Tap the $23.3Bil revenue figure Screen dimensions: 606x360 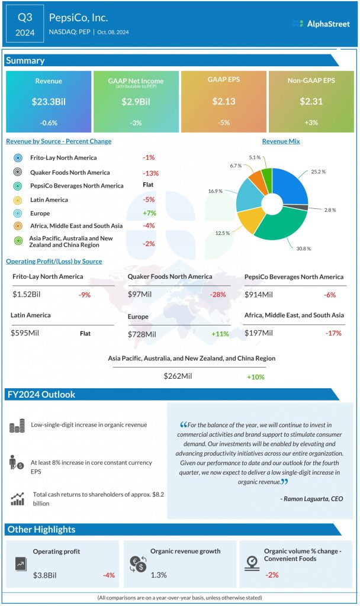point(49,101)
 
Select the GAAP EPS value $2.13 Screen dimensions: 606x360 point(224,101)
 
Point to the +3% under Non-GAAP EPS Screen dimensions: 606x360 point(311,122)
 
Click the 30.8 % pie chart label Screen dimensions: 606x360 point(303,249)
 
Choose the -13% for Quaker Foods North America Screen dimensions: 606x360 point(150,173)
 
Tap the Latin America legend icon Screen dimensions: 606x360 point(18,200)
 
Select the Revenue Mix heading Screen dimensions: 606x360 point(281,141)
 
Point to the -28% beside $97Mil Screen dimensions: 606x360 point(218,295)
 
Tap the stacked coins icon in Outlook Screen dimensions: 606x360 point(17,425)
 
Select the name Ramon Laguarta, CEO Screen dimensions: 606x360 point(311,499)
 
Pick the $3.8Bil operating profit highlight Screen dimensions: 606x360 point(44,574)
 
